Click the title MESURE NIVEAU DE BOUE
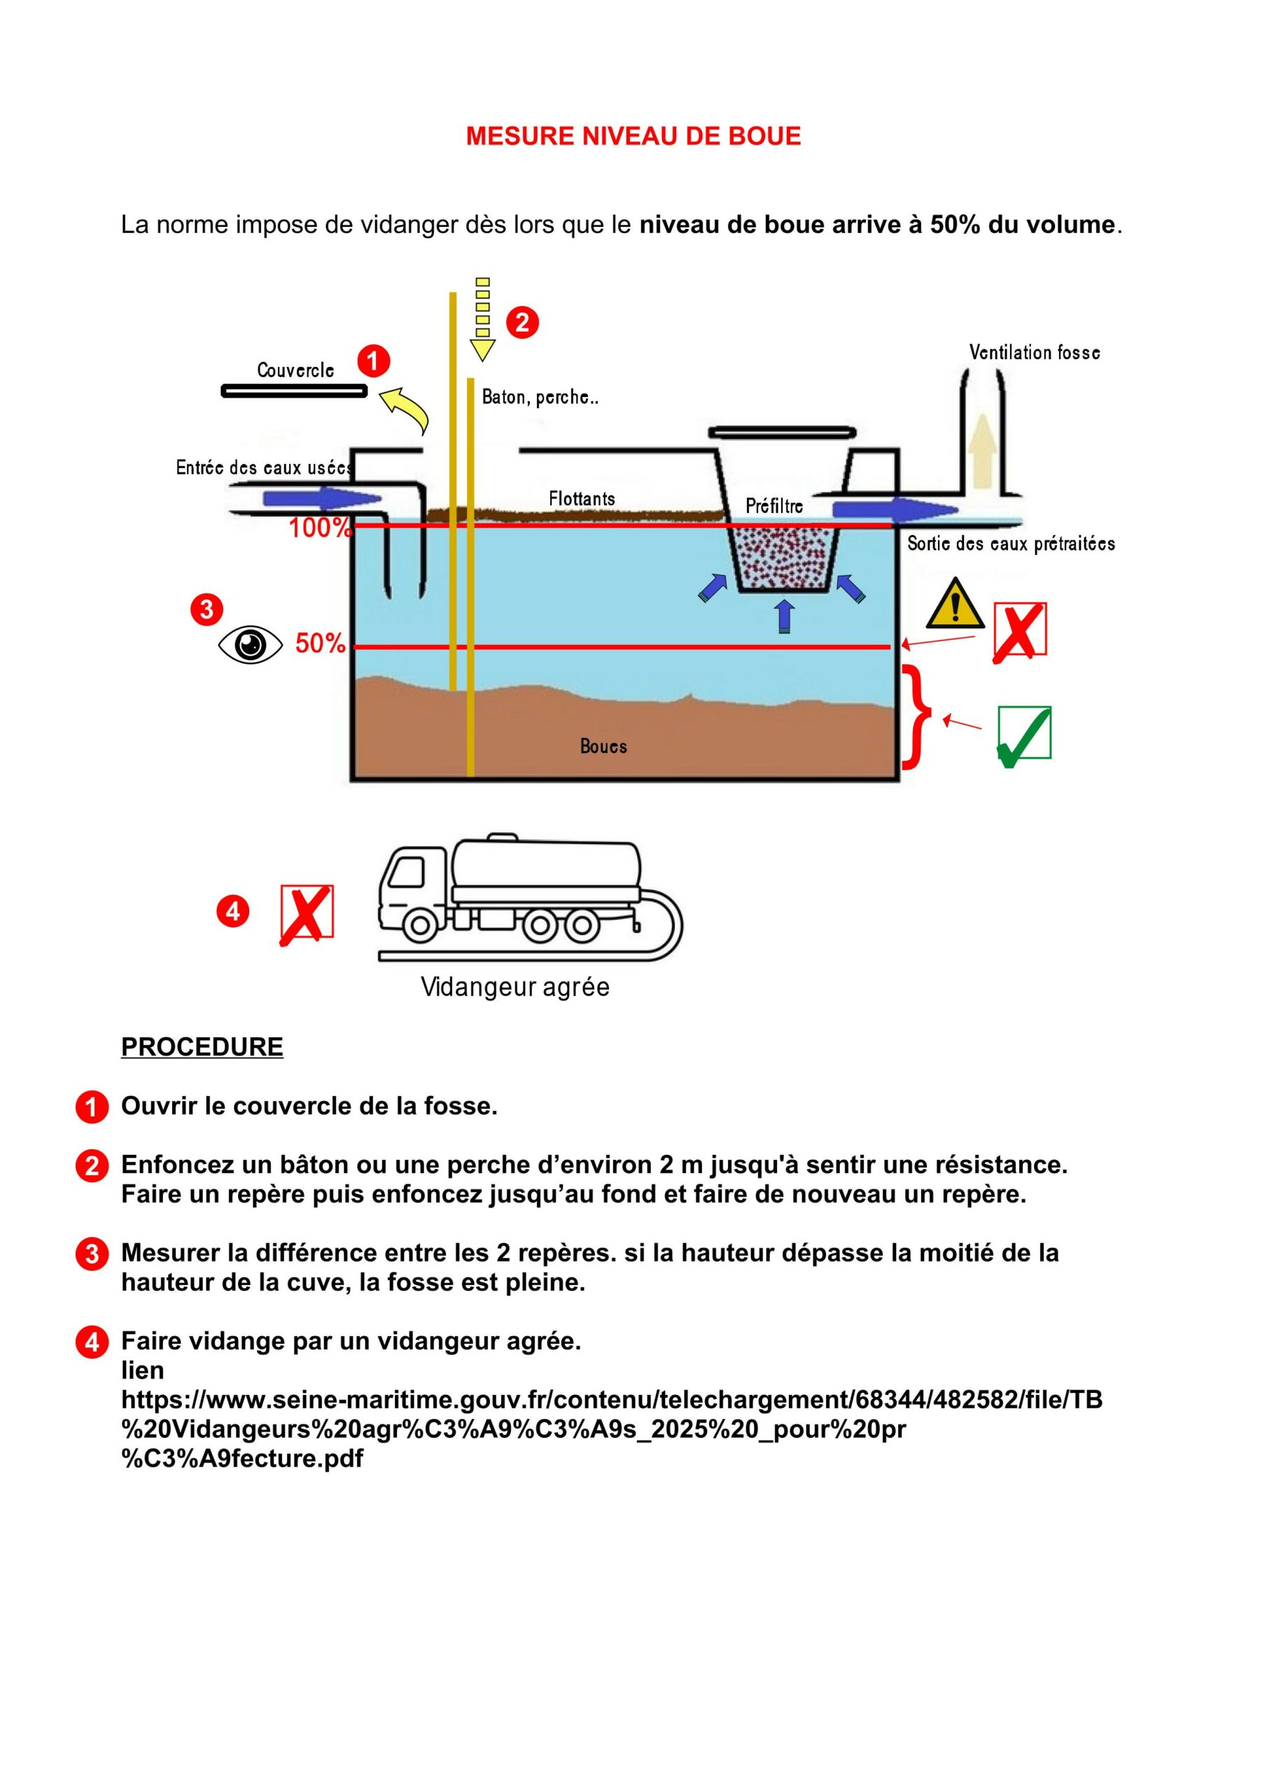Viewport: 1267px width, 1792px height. tap(633, 136)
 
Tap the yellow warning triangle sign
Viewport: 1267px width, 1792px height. tap(955, 605)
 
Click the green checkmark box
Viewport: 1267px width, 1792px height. tap(1023, 734)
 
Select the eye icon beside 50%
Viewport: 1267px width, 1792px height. tap(250, 645)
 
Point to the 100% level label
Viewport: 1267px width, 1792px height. tap(319, 528)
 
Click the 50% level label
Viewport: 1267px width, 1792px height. tap(320, 643)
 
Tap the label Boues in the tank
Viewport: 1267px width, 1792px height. tap(603, 746)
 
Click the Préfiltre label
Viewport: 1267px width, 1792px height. tap(773, 506)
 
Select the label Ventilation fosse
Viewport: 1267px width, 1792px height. tap(1035, 353)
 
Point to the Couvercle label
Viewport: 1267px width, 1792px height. tap(295, 370)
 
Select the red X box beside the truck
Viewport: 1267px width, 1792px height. tap(307, 912)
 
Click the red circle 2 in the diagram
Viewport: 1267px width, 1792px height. tap(522, 321)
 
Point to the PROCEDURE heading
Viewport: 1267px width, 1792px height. tap(202, 1046)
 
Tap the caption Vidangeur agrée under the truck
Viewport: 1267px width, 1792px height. tap(514, 986)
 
